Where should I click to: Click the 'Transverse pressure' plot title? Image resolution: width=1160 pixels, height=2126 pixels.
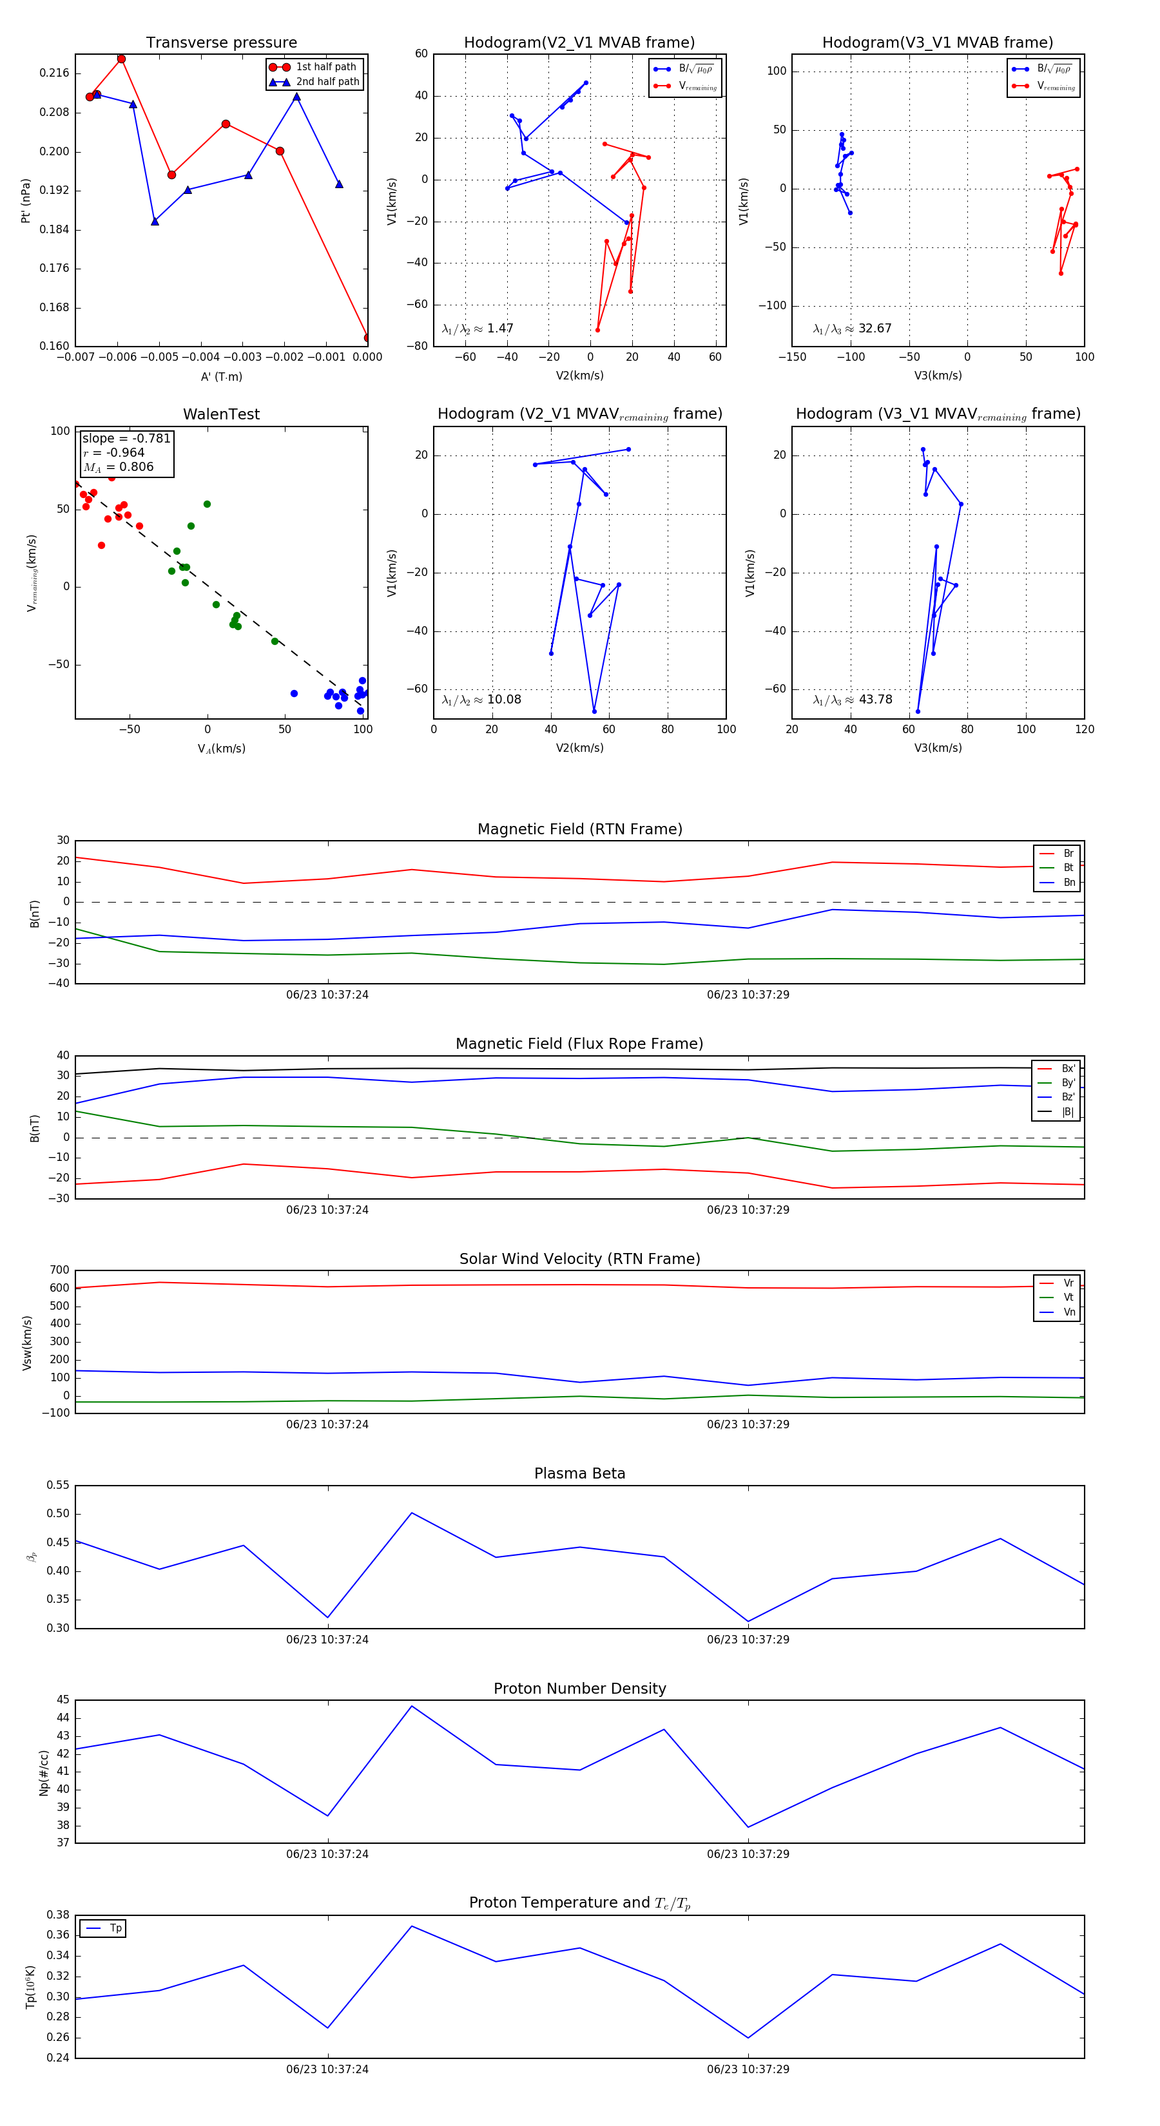[221, 43]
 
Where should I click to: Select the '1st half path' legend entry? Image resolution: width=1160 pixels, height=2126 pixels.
[325, 67]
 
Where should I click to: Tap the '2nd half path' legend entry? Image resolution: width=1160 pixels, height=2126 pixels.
[327, 82]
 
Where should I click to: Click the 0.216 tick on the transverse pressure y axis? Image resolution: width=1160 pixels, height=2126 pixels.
[55, 73]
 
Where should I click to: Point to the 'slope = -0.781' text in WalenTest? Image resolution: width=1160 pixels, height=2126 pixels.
[126, 438]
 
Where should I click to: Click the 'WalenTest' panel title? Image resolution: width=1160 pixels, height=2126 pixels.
[221, 414]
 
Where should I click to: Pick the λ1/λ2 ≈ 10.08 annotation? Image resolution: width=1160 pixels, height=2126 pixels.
[481, 700]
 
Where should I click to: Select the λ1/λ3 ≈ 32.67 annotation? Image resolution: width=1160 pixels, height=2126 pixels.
[852, 329]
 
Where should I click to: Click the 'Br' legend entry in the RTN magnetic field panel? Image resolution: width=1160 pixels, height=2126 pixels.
[1068, 854]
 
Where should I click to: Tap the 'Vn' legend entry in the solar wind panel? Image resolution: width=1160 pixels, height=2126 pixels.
[1068, 1312]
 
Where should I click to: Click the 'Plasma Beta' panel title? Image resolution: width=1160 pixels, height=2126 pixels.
[579, 1474]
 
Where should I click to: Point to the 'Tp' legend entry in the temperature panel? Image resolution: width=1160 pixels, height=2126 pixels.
[115, 1928]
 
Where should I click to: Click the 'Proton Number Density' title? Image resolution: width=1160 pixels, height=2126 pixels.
[579, 1689]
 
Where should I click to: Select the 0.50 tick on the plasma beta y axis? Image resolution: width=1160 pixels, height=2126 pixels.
[58, 1513]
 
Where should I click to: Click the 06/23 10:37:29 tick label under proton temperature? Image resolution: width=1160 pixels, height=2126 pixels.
[747, 2069]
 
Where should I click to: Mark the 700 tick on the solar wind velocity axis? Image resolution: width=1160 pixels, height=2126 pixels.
[59, 1270]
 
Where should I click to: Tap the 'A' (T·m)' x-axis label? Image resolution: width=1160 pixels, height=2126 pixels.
[221, 377]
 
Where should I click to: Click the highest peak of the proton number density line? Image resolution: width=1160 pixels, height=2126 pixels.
[412, 1706]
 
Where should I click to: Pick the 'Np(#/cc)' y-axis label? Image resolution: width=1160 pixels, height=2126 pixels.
[44, 1773]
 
